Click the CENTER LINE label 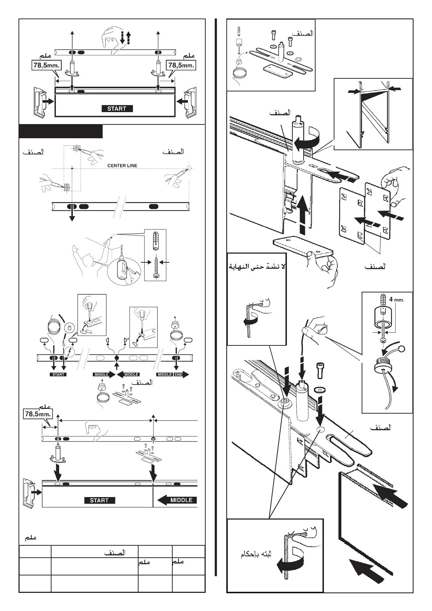[x=122, y=165]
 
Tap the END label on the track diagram [x=178, y=374]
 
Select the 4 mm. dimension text [x=396, y=300]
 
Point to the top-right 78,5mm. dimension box [x=181, y=65]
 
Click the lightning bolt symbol [x=69, y=352]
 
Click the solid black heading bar [x=61, y=131]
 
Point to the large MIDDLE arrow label [x=178, y=500]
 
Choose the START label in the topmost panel [x=117, y=108]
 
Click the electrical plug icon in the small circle [x=68, y=328]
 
